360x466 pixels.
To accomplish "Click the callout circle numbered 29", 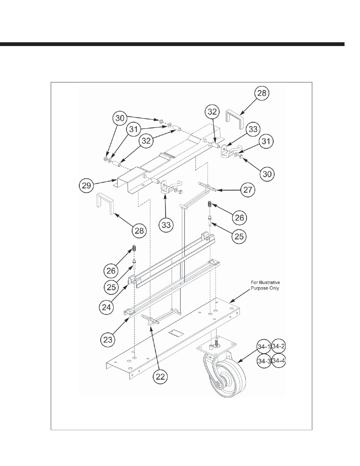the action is pyautogui.click(x=86, y=185).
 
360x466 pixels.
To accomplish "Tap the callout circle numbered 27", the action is pyautogui.click(x=248, y=190).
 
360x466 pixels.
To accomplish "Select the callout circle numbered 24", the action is pyautogui.click(x=106, y=307).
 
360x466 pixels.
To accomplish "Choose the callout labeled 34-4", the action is pyautogui.click(x=278, y=361).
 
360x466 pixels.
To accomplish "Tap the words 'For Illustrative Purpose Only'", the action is pyautogui.click(x=265, y=285).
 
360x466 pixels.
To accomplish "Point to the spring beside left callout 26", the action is pyautogui.click(x=134, y=248).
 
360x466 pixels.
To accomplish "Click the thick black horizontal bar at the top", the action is pyautogui.click(x=172, y=44).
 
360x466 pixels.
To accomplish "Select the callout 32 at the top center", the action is pyautogui.click(x=212, y=112).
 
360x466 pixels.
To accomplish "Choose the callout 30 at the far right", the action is pyautogui.click(x=267, y=174).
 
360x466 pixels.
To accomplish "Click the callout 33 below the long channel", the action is pyautogui.click(x=166, y=225).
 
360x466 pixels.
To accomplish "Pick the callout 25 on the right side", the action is pyautogui.click(x=239, y=236).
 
